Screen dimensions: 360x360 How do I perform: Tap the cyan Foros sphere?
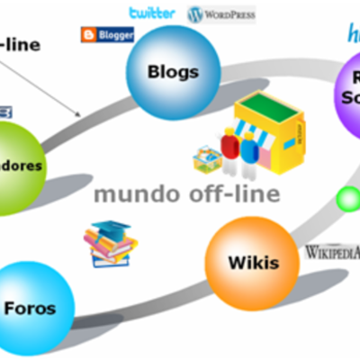click(29, 308)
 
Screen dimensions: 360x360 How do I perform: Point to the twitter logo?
click(152, 13)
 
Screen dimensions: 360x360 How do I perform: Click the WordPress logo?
click(221, 14)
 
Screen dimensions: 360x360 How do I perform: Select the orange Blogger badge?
click(107, 35)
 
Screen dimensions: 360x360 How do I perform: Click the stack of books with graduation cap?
click(110, 244)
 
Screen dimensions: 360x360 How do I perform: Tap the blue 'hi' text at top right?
click(352, 34)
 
